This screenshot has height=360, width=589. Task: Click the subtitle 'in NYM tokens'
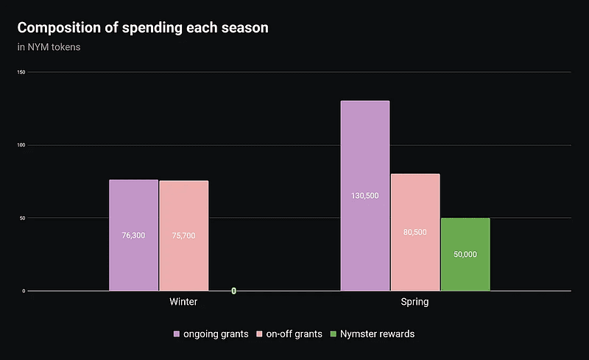tap(49, 48)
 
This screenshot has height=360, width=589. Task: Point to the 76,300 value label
tap(133, 236)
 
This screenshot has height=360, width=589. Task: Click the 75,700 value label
tap(183, 236)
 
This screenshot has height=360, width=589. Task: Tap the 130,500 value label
tap(365, 196)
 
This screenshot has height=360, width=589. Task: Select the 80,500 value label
tap(415, 232)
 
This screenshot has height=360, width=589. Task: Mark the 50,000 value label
tap(465, 254)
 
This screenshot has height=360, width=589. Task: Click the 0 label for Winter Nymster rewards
tap(233, 291)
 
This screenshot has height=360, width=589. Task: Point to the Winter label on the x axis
tap(183, 302)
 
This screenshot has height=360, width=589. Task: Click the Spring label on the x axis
tap(415, 302)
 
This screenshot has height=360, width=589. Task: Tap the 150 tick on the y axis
tap(21, 72)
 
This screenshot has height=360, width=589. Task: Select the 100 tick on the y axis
tap(21, 145)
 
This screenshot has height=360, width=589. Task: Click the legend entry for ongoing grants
tap(211, 334)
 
